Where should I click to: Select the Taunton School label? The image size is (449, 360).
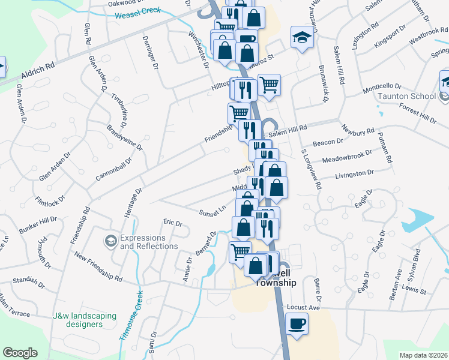pyautogui.click(x=415, y=96)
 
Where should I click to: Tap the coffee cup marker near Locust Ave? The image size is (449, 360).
pyautogui.click(x=297, y=325)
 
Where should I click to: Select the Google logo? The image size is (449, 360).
pyautogui.click(x=20, y=353)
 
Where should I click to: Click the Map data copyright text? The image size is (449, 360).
pyautogui.click(x=423, y=355)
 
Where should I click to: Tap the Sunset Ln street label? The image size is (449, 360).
pyautogui.click(x=213, y=211)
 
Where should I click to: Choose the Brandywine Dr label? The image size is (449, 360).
pyautogui.click(x=125, y=137)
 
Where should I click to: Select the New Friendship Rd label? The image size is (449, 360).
pyautogui.click(x=98, y=267)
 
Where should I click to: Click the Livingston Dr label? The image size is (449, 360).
pyautogui.click(x=354, y=173)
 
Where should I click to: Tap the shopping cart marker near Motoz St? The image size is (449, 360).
pyautogui.click(x=270, y=85)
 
